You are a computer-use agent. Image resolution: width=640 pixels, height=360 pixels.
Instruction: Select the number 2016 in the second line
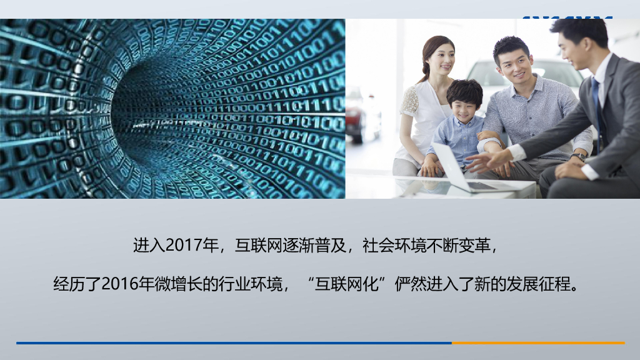[x=119, y=284]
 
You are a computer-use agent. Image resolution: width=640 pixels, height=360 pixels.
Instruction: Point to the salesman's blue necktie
[x=598, y=106]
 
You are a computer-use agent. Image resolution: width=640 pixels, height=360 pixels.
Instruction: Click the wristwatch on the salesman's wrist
[x=579, y=157]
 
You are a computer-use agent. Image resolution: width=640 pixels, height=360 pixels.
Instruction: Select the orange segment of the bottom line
[x=537, y=342]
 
